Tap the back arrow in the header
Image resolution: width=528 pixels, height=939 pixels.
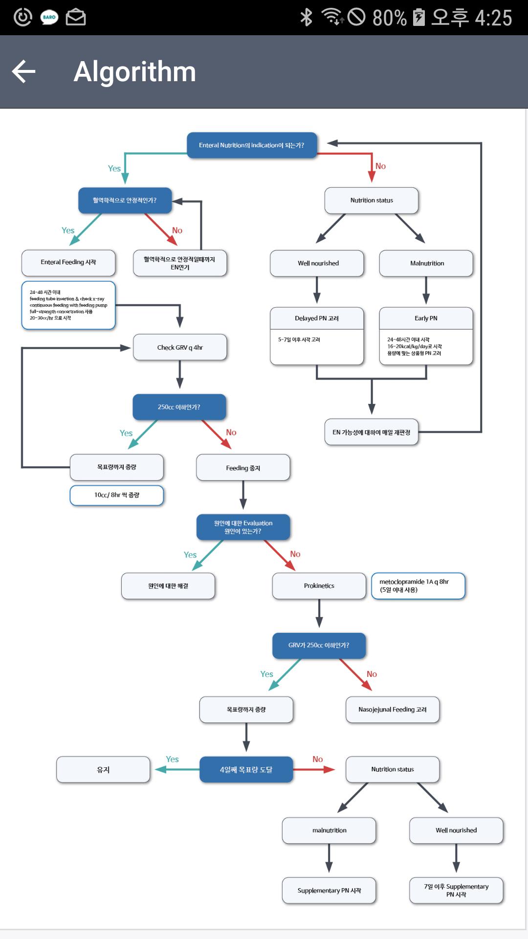[23, 71]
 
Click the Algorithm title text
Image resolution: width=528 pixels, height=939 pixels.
[134, 71]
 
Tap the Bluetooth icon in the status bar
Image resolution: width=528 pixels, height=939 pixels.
[306, 17]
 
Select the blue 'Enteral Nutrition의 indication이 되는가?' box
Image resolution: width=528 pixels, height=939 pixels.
[252, 145]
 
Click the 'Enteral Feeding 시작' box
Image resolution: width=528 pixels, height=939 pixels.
[68, 263]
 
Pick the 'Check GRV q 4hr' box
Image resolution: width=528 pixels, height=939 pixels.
[180, 347]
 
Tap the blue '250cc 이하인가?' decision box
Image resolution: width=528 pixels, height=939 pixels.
[179, 407]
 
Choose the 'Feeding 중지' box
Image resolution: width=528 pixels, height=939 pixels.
[243, 468]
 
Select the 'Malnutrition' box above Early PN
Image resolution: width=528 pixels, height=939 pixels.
[426, 263]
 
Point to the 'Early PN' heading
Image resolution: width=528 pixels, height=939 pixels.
[426, 318]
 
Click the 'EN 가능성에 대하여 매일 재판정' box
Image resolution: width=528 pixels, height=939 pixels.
[372, 432]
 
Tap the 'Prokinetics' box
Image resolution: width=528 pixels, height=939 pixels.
[319, 586]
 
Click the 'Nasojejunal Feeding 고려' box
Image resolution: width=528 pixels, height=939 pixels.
[393, 710]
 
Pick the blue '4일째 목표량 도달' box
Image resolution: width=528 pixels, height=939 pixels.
[246, 770]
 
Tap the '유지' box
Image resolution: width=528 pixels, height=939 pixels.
[103, 770]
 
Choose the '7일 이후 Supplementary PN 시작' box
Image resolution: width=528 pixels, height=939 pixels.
[456, 890]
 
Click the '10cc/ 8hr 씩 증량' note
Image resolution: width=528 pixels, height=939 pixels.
[117, 495]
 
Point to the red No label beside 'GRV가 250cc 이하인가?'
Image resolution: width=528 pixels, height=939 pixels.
[372, 674]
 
